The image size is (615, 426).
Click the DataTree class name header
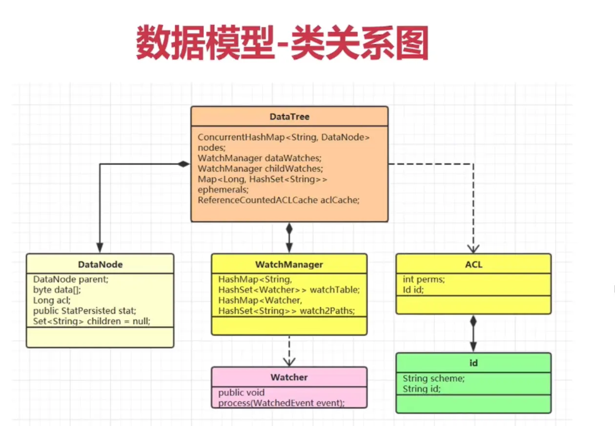(289, 117)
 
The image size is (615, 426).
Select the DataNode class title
(100, 264)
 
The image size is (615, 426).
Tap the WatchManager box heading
(289, 264)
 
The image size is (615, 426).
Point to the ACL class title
(473, 264)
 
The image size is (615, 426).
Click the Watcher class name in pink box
(289, 377)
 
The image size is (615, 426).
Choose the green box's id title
(473, 363)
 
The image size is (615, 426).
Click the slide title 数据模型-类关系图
(282, 43)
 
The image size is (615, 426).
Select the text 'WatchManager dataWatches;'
(259, 158)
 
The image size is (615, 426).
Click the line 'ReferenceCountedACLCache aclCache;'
(278, 200)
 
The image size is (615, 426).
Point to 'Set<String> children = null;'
(91, 321)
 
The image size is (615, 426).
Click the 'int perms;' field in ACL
(423, 279)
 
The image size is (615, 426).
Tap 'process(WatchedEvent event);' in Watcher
(281, 403)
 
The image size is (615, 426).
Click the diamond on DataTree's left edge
(183, 164)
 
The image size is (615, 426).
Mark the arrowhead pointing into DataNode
(100, 248)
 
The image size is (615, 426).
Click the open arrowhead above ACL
(473, 248)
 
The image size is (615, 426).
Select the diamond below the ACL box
(473, 321)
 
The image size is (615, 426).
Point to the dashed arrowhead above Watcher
(289, 362)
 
